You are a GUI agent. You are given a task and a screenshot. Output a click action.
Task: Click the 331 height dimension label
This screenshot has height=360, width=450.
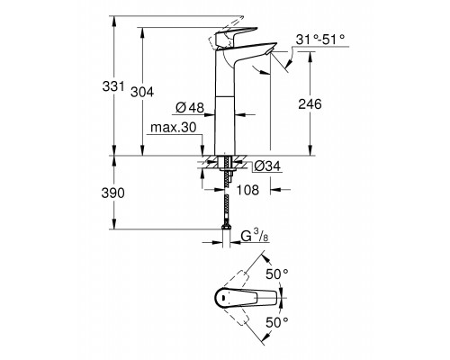[x=113, y=86]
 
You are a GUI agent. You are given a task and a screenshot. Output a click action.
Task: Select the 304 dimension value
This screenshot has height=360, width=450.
[x=142, y=92]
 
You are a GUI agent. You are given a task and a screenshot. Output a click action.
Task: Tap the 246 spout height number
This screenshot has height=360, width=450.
[x=310, y=103]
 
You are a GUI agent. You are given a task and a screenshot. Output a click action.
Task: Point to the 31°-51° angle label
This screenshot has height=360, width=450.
[x=320, y=40]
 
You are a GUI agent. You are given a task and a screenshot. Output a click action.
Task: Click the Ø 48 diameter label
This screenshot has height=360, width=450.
[x=190, y=107]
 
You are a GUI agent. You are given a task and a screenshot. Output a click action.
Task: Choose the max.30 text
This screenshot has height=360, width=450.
[x=174, y=128]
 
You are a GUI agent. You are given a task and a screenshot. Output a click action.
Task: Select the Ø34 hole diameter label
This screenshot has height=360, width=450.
[x=267, y=166]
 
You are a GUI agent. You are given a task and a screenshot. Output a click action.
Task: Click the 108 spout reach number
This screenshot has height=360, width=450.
[x=247, y=190]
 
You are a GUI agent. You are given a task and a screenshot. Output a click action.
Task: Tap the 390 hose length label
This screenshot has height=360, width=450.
[x=112, y=193]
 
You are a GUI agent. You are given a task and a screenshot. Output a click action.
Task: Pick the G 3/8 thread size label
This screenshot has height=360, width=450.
[x=255, y=236]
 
